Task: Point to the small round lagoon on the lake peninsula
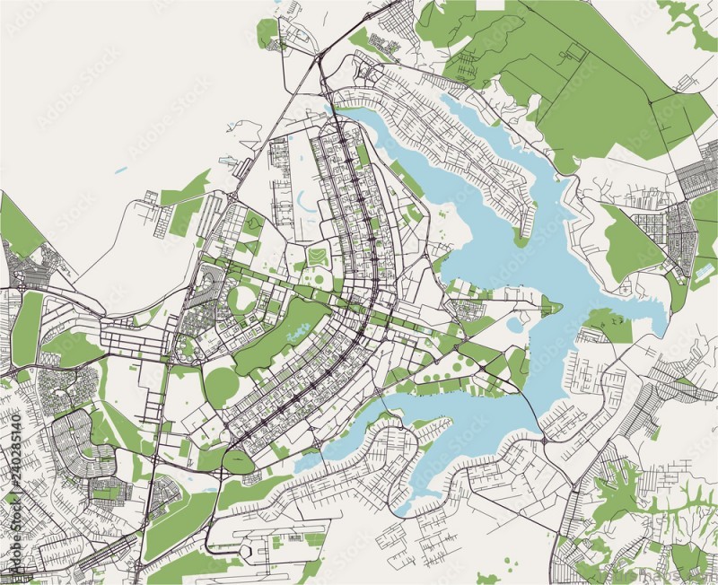(514, 322)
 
